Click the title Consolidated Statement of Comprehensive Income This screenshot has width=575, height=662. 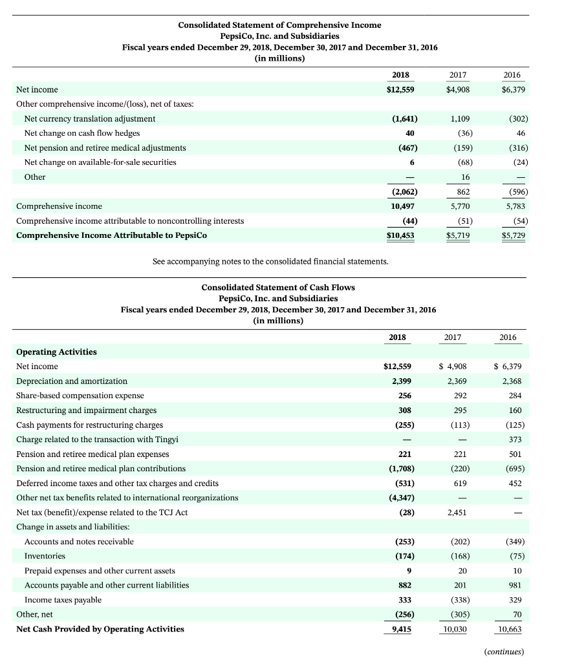point(279,25)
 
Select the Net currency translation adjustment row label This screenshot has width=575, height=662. point(89,119)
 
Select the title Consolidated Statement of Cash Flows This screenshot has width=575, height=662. point(278,287)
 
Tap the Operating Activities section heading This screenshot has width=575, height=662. point(56,352)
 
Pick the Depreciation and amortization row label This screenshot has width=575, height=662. point(72,381)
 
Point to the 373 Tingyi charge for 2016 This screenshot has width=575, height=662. point(516,440)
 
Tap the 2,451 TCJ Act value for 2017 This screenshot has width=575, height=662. point(459,513)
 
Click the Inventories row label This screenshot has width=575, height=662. point(45,556)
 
